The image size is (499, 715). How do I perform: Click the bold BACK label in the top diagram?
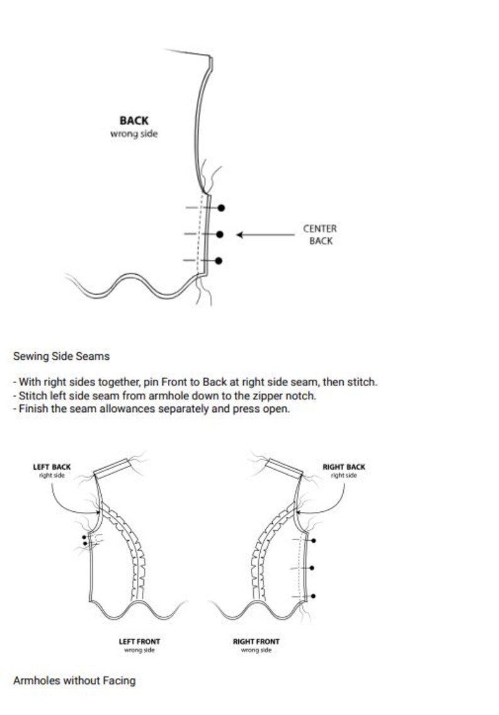click(134, 120)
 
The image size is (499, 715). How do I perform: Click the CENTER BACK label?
click(320, 235)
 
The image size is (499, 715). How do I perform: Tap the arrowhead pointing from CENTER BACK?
click(239, 235)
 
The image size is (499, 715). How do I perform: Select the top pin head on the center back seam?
click(221, 208)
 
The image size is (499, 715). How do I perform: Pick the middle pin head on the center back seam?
click(220, 235)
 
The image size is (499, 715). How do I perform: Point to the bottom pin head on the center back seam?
click(219, 261)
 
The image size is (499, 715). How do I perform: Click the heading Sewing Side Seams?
click(62, 356)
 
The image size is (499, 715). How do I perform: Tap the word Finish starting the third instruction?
click(33, 409)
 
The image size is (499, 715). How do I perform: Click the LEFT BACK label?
click(52, 467)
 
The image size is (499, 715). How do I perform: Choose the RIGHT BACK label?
click(344, 467)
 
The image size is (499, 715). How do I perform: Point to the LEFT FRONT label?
click(140, 641)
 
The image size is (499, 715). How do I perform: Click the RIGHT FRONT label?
click(256, 641)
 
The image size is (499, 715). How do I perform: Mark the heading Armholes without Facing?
click(74, 680)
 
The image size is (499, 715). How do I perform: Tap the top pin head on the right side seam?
click(314, 541)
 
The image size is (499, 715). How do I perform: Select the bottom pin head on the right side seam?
click(313, 596)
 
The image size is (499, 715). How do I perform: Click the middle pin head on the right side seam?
click(312, 568)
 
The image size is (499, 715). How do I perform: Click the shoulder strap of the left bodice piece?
click(112, 468)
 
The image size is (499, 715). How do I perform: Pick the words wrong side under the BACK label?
click(134, 134)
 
